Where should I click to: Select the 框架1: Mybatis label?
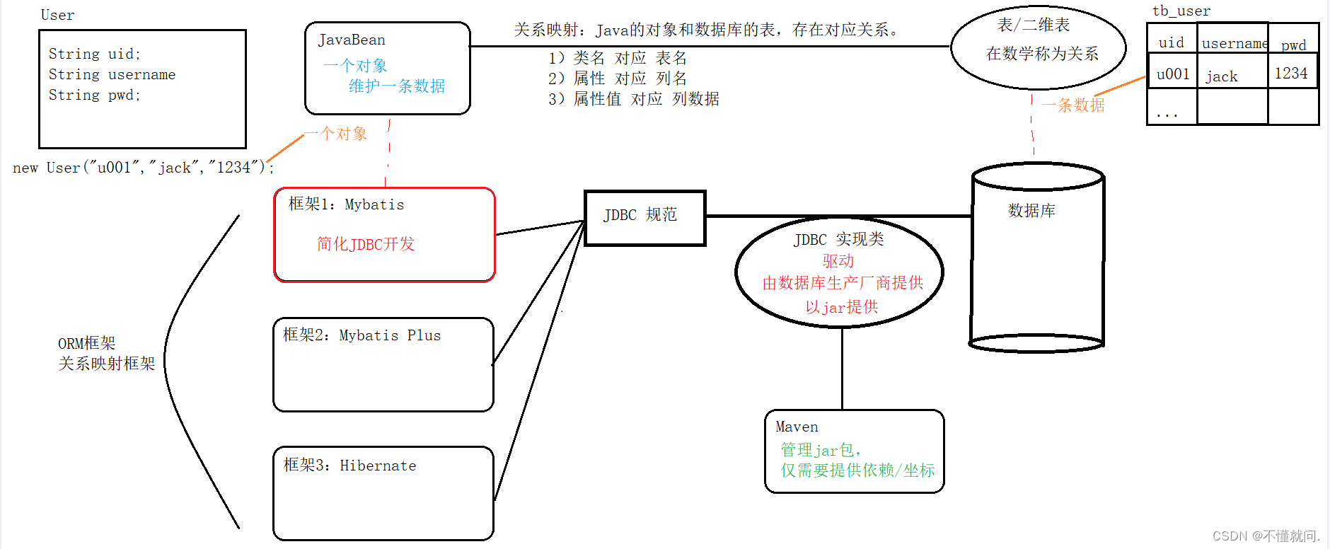pyautogui.click(x=346, y=204)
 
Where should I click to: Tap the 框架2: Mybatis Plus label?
pyautogui.click(x=362, y=335)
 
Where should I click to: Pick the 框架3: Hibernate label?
pyautogui.click(x=349, y=466)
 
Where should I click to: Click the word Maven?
pyautogui.click(x=797, y=427)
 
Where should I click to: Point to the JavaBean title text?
pyautogui.click(x=352, y=40)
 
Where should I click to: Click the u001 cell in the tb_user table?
pyautogui.click(x=1172, y=74)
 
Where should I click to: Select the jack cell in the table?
pyautogui.click(x=1222, y=76)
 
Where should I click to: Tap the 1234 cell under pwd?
pyautogui.click(x=1291, y=74)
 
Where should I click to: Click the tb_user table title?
pyautogui.click(x=1181, y=11)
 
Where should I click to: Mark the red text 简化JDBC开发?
pyautogui.click(x=366, y=244)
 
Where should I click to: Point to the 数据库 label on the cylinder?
pyautogui.click(x=1031, y=211)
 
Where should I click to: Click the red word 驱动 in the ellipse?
pyautogui.click(x=838, y=261)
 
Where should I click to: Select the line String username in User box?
pyautogui.click(x=112, y=75)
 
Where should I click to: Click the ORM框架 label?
pyautogui.click(x=86, y=343)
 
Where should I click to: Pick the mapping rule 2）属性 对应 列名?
pyautogui.click(x=617, y=79)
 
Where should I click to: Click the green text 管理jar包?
pyautogui.click(x=820, y=450)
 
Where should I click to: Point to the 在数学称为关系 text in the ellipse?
pyautogui.click(x=1042, y=54)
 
